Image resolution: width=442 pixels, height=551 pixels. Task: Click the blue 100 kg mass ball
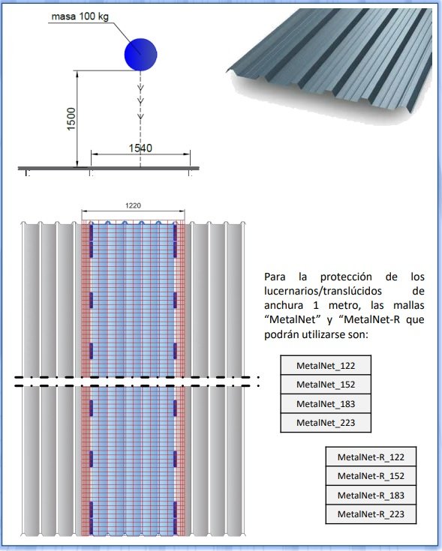click(140, 55)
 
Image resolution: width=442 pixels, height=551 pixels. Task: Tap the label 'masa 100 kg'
click(80, 16)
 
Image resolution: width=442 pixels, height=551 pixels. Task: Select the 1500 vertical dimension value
click(71, 119)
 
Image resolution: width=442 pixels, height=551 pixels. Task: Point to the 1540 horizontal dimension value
click(140, 148)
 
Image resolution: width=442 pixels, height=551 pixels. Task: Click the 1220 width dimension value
click(133, 205)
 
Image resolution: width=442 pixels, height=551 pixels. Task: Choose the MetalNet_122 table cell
click(326, 365)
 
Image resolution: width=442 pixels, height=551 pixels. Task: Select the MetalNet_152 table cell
click(326, 384)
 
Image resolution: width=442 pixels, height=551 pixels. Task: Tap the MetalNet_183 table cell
click(326, 403)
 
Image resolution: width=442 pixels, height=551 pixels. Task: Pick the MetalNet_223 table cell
click(326, 422)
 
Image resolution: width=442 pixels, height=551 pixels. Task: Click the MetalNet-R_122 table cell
click(371, 457)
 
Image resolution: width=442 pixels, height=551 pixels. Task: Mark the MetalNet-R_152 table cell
click(371, 476)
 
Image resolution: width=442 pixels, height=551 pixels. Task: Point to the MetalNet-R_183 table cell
click(371, 495)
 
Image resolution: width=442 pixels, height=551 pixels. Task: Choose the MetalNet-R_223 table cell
click(371, 514)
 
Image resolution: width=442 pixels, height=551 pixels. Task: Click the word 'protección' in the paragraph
click(346, 277)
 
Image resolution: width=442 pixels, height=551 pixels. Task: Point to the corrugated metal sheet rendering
click(330, 66)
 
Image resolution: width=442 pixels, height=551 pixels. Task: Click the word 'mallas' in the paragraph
click(408, 305)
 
